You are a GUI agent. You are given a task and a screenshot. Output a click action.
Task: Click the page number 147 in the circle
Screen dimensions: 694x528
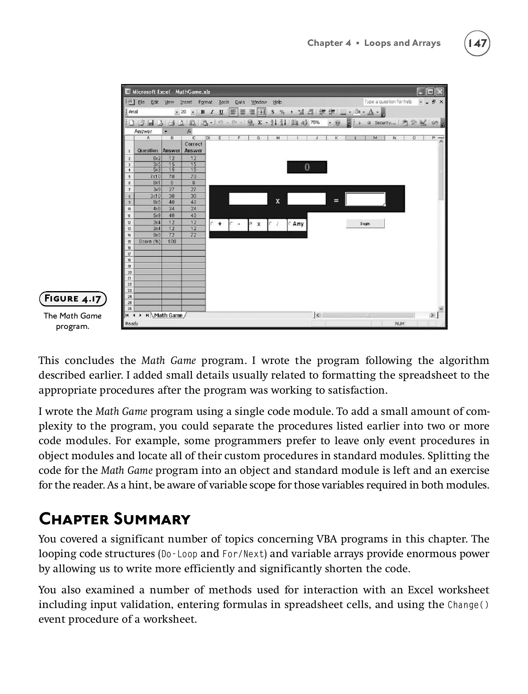[477, 43]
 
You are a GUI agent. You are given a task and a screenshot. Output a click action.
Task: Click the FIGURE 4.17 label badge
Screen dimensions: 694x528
[73, 298]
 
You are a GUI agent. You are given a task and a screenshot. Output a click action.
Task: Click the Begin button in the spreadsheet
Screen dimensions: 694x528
[365, 224]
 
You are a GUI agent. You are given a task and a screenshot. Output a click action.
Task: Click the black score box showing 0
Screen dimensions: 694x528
[307, 167]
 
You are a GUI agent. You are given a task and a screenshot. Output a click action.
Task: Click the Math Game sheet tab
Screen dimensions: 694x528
[168, 315]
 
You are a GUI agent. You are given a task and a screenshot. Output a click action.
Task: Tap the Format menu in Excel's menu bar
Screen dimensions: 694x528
[205, 102]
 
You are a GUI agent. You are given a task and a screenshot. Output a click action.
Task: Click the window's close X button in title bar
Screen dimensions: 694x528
[440, 92]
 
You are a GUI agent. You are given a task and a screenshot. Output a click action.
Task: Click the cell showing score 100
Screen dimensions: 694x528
[172, 241]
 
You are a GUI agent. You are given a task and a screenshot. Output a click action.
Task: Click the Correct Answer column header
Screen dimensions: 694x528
[193, 147]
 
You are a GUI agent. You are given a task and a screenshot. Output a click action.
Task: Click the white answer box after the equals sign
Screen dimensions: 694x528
[365, 199]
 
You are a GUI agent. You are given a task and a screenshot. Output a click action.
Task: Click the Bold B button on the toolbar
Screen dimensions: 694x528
[203, 112]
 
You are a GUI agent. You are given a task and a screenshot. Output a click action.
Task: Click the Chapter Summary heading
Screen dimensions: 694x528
[114, 519]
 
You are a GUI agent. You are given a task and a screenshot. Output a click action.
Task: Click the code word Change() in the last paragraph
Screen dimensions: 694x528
[468, 605]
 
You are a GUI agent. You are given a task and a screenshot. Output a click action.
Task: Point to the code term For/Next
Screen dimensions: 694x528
[244, 554]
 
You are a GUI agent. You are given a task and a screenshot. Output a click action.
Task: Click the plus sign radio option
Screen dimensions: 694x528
[219, 224]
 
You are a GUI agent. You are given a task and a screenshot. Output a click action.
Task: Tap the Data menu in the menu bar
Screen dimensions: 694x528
[240, 102]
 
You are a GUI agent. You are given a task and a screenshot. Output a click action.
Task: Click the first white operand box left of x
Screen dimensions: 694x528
[248, 199]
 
